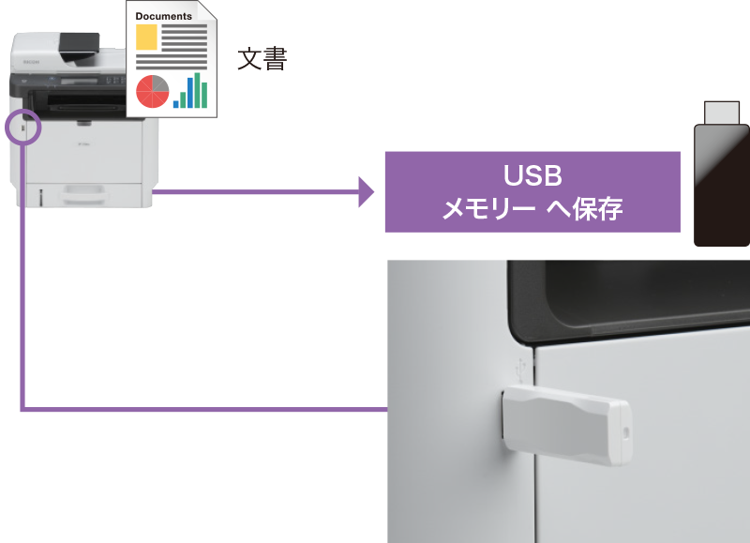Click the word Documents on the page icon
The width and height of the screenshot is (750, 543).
[163, 16]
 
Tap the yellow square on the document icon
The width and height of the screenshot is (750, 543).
[146, 37]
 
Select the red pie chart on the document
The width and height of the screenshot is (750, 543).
[153, 91]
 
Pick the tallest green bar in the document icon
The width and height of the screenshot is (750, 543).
[197, 90]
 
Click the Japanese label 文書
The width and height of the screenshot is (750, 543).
[262, 58]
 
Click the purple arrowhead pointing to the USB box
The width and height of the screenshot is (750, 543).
[366, 192]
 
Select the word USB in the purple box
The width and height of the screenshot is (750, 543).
[532, 175]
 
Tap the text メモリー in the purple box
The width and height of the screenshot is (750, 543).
[488, 209]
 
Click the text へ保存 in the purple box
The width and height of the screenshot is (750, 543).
[584, 208]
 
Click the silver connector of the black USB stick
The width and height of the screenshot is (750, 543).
[722, 113]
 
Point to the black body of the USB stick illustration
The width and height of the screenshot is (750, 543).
[722, 185]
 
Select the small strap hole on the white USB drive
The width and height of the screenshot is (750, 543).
[626, 432]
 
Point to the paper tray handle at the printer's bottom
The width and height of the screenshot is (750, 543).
[83, 192]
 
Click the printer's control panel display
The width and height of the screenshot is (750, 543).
[79, 82]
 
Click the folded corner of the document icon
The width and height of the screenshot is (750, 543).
[207, 10]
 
